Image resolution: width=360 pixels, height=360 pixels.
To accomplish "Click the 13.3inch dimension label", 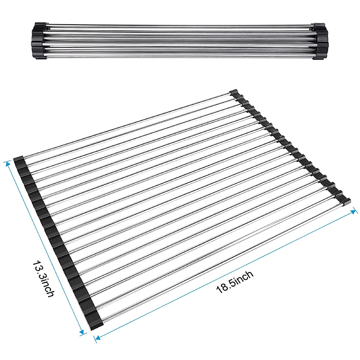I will (x=43, y=279).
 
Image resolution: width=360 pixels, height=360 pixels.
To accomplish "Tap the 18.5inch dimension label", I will (x=235, y=281).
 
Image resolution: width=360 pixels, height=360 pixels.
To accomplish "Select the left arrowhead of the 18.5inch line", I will (x=96, y=339).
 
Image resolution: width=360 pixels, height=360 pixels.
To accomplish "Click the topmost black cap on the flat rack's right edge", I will (x=234, y=93).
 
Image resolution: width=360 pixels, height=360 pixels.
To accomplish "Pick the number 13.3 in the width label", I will (x=39, y=268).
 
